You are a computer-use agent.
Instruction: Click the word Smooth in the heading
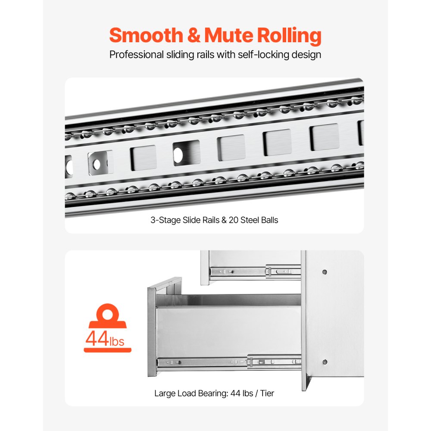(146, 35)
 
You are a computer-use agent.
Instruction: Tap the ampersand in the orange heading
(194, 35)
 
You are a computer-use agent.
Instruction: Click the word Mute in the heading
(229, 35)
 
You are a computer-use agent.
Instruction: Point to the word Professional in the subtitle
(137, 54)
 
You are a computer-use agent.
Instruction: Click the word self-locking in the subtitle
(263, 54)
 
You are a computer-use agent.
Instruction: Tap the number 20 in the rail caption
(233, 220)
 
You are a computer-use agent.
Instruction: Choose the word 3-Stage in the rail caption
(166, 220)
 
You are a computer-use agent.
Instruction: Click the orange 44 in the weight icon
(97, 338)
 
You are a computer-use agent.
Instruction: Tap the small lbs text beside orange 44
(117, 341)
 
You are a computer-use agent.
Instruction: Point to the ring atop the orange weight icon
(107, 313)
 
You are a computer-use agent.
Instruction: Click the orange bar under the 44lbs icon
(107, 350)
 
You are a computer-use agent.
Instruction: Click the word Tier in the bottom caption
(267, 394)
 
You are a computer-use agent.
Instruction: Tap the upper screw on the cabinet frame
(325, 272)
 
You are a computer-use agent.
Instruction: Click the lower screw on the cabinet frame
(325, 362)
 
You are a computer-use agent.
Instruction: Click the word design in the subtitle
(306, 54)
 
